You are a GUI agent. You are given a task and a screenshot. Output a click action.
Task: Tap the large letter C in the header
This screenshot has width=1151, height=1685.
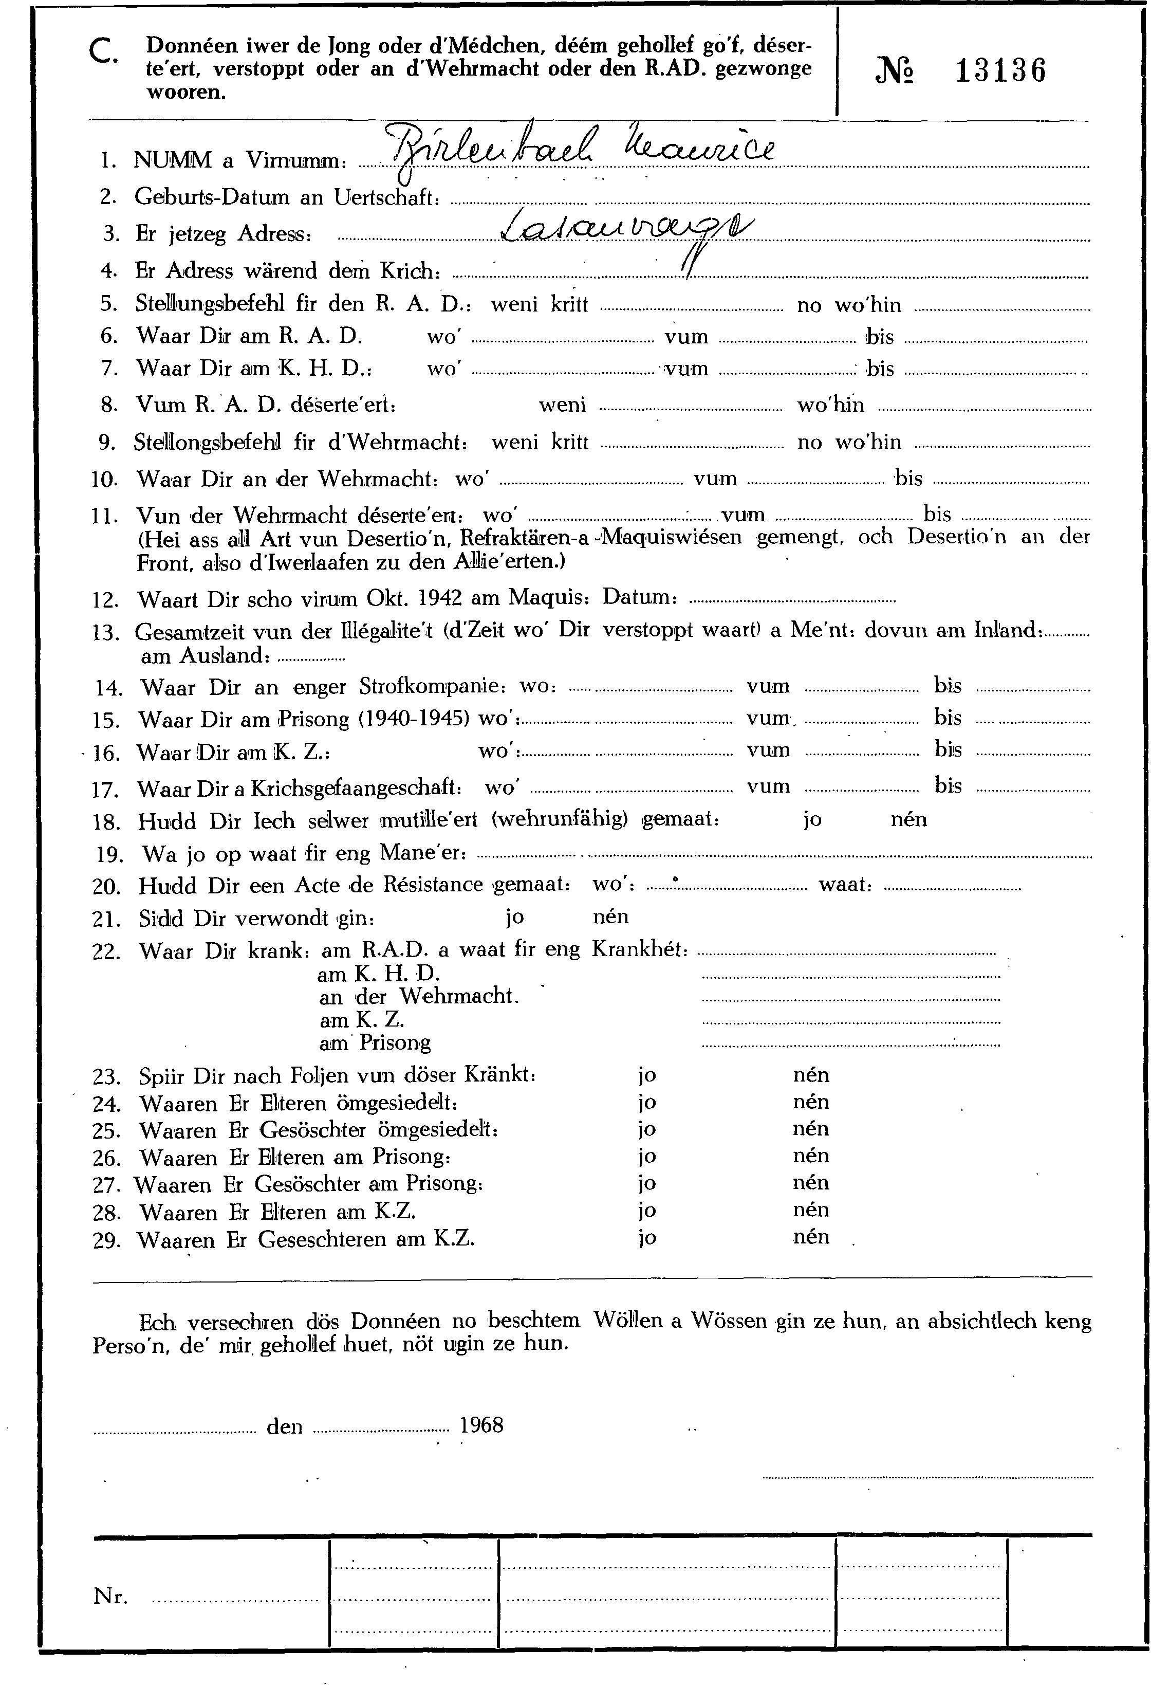pyautogui.click(x=101, y=52)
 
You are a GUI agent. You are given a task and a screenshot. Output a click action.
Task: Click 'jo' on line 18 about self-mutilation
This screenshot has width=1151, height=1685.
pyautogui.click(x=812, y=819)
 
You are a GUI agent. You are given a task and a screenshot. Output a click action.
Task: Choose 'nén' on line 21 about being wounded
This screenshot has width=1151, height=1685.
pyautogui.click(x=610, y=917)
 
